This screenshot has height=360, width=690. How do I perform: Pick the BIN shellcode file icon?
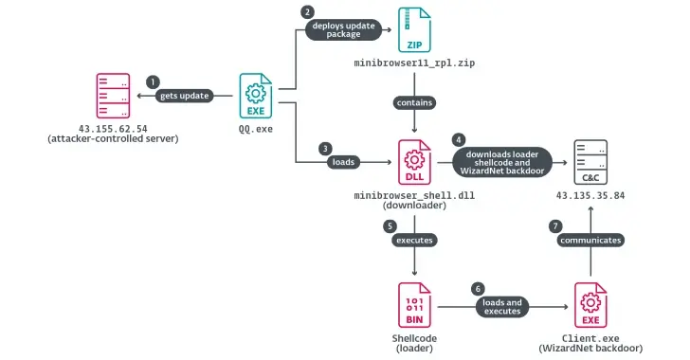tap(414, 306)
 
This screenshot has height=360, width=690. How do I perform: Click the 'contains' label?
tap(414, 101)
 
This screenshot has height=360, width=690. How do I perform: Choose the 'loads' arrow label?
tap(344, 161)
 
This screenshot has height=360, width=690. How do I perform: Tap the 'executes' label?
tap(414, 240)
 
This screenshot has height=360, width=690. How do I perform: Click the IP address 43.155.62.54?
tap(113, 128)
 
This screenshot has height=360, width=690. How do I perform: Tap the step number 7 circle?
tap(556, 226)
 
